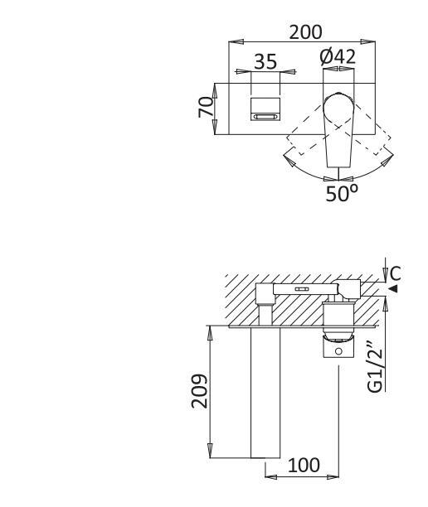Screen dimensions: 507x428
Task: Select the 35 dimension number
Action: point(265,62)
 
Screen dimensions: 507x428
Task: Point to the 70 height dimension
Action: point(205,107)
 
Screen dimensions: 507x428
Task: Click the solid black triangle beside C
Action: point(393,287)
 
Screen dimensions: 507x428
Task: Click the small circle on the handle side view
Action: point(338,352)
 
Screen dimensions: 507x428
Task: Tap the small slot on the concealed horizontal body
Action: point(301,289)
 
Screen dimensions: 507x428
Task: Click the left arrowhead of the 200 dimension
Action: point(233,41)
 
